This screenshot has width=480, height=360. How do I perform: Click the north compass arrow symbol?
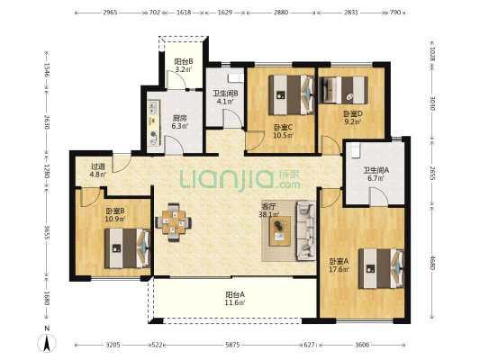coord(47,343)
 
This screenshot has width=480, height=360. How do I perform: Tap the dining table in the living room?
coord(174,222)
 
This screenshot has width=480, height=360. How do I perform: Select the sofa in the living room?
coord(306,230)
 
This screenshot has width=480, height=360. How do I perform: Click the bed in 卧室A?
coord(382,268)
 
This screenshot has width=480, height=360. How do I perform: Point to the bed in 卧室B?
coord(127,248)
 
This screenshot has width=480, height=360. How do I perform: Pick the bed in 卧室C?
coord(292,94)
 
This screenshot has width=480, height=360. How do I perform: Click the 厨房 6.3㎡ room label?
coord(179,121)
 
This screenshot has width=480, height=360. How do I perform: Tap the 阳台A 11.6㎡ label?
coord(235,299)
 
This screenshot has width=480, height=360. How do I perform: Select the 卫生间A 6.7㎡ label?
coord(376,174)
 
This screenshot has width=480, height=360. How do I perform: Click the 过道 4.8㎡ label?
coord(98,170)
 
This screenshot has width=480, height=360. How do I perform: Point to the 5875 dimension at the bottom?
coord(232,345)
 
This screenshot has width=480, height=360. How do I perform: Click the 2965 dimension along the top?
coord(110,13)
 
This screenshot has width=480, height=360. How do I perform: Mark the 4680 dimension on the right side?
coord(432,263)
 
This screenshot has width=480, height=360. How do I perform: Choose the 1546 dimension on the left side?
coord(46,70)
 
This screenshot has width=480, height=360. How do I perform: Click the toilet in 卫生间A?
coord(355,150)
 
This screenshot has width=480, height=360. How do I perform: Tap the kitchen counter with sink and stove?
coord(153,121)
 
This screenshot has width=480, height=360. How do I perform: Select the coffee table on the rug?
coord(280,231)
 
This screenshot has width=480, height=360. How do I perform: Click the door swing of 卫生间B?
coord(233,119)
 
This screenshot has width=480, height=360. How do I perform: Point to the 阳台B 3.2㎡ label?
coord(184,65)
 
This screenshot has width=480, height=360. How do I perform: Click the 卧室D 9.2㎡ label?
coord(353,118)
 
